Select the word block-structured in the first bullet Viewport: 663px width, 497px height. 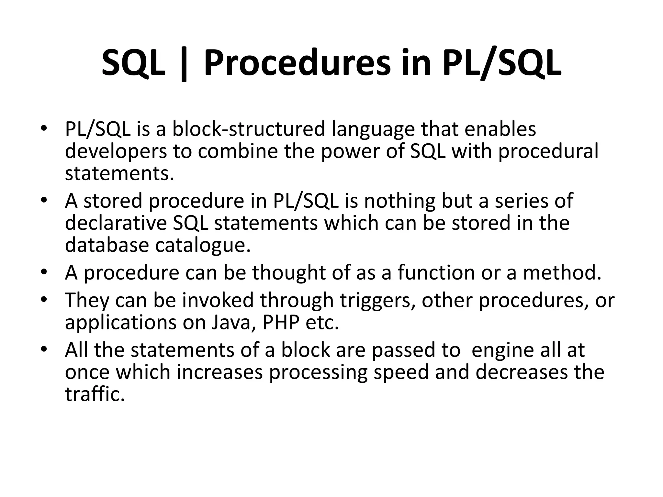click(248, 129)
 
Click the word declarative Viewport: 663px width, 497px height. click(116, 223)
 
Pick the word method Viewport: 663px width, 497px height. click(562, 272)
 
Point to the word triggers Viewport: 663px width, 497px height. click(377, 301)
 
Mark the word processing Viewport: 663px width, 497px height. click(318, 373)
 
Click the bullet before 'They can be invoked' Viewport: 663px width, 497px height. click(44, 299)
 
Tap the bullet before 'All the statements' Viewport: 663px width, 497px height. click(44, 349)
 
